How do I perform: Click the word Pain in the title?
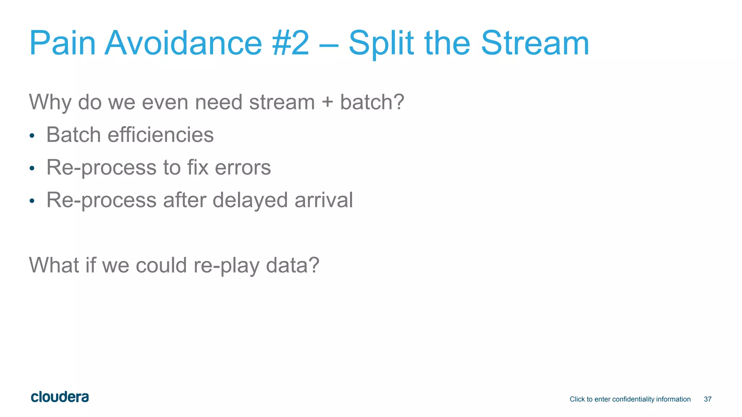pyautogui.click(x=62, y=43)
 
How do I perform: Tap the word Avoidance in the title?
pyautogui.click(x=183, y=43)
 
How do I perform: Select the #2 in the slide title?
pyautogui.click(x=291, y=43)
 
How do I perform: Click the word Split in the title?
pyautogui.click(x=381, y=43)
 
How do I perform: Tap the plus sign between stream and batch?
pyautogui.click(x=327, y=102)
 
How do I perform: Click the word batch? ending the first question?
pyautogui.click(x=372, y=102)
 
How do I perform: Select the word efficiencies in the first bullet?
pyautogui.click(x=161, y=135)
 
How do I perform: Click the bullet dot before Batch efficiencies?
pyautogui.click(x=32, y=136)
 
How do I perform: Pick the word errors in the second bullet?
pyautogui.click(x=243, y=168)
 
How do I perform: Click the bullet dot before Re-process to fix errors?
pyautogui.click(x=32, y=168)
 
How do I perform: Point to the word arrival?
pyautogui.click(x=324, y=200)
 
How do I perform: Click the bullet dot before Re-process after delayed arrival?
pyautogui.click(x=32, y=201)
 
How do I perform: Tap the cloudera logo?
pyautogui.click(x=60, y=397)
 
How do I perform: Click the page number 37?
pyautogui.click(x=708, y=399)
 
